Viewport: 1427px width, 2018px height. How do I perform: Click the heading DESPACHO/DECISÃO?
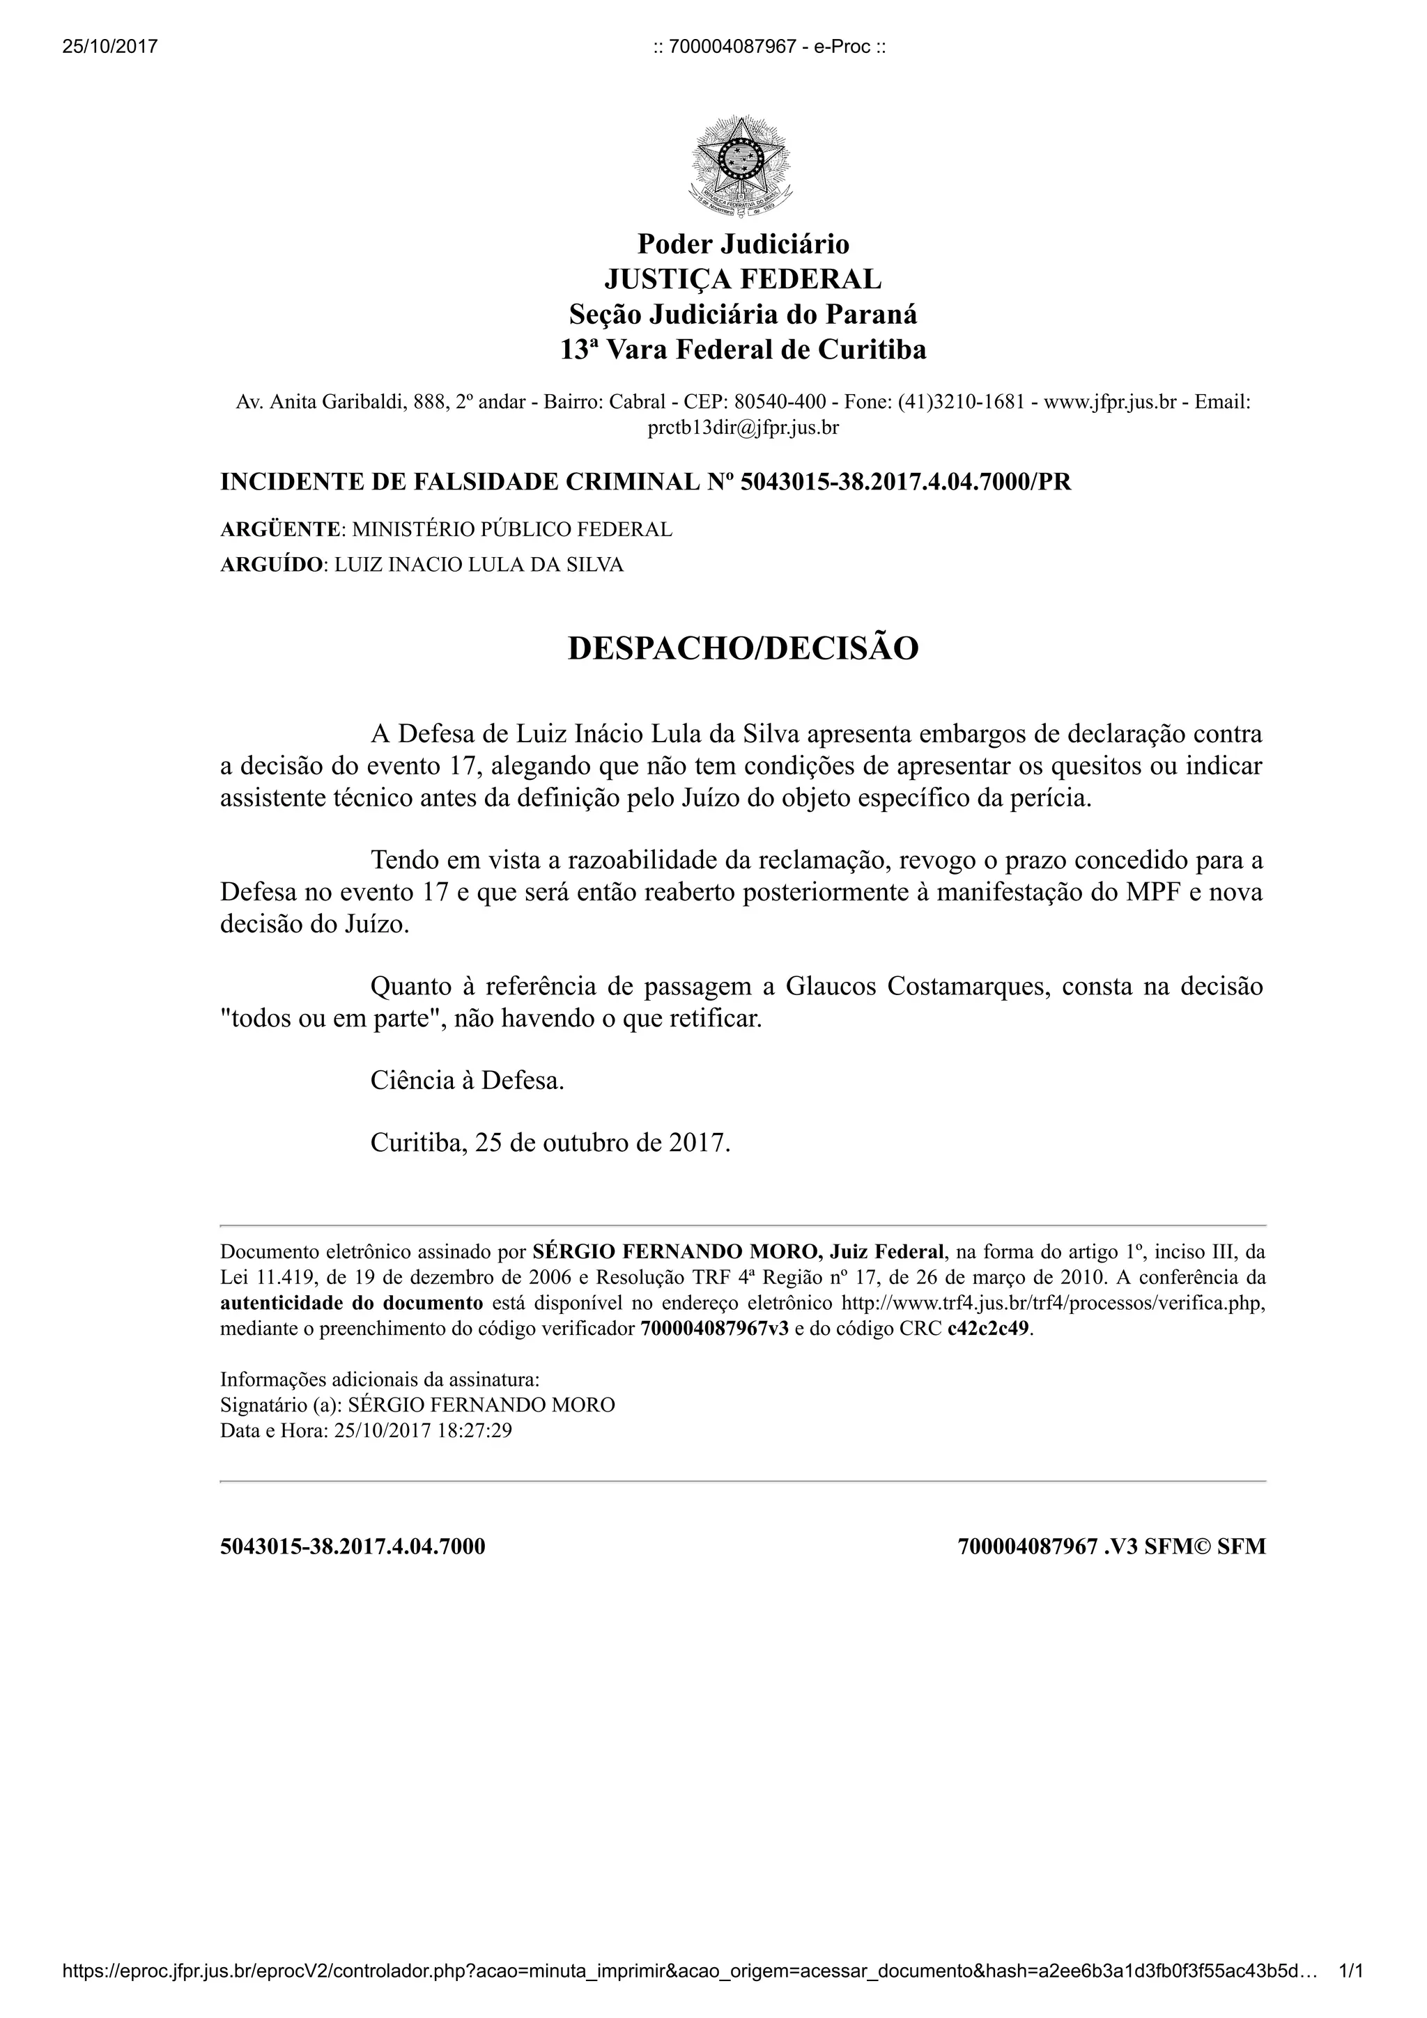coord(743,649)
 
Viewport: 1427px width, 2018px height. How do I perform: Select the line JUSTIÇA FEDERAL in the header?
coord(743,279)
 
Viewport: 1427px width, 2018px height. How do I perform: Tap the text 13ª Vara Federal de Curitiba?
coord(743,350)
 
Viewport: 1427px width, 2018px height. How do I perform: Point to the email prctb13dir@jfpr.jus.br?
coord(743,428)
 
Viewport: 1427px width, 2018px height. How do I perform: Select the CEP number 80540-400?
coord(780,402)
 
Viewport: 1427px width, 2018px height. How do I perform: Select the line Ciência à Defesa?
coord(467,1080)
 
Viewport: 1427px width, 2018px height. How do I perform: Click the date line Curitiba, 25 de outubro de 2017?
coord(550,1143)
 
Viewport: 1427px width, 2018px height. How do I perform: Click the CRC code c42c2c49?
coord(988,1329)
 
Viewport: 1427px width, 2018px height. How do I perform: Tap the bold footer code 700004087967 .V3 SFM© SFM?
coord(1111,1547)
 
